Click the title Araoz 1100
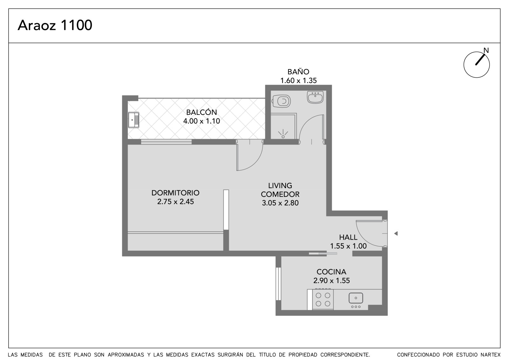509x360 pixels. click(x=55, y=25)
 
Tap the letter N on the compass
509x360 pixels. click(x=486, y=50)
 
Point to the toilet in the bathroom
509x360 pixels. click(x=282, y=101)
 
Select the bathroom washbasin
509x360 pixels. click(x=315, y=97)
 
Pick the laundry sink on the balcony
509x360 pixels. click(x=134, y=120)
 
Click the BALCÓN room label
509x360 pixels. click(x=202, y=112)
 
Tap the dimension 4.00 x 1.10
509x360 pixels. click(x=202, y=121)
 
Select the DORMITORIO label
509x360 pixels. click(x=175, y=193)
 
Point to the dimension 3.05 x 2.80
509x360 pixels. click(x=280, y=203)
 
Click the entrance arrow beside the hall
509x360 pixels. click(x=396, y=233)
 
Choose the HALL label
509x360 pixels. click(x=348, y=237)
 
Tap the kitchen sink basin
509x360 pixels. click(x=356, y=298)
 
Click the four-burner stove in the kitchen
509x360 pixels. click(x=323, y=299)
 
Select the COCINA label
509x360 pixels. click(x=331, y=272)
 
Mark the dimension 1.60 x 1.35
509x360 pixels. click(x=298, y=81)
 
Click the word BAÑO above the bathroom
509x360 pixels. click(x=298, y=72)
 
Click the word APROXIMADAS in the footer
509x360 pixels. click(x=126, y=355)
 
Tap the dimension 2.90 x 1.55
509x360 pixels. click(x=331, y=281)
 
